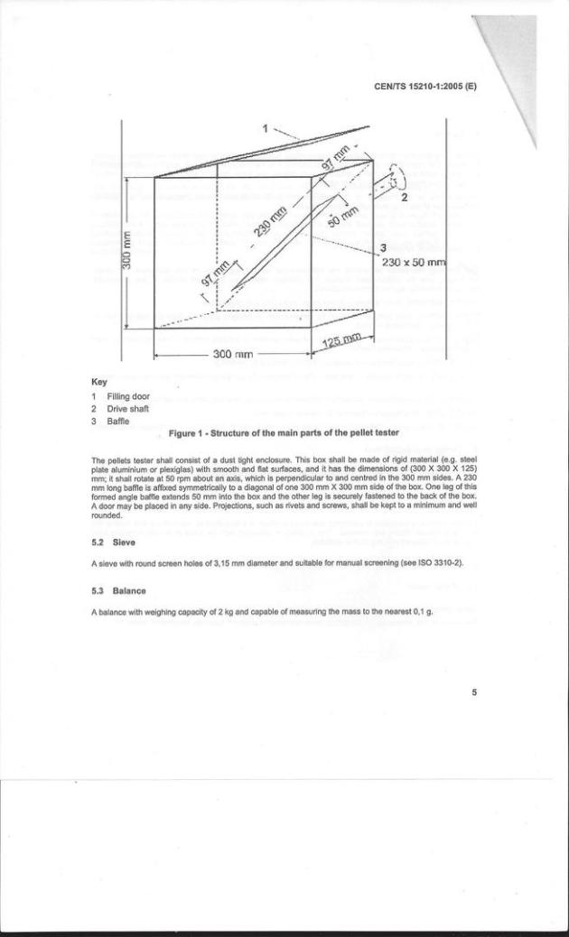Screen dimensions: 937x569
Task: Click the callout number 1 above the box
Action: point(266,127)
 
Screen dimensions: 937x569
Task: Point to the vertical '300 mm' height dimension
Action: point(129,251)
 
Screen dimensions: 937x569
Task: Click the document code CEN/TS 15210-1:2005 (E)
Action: point(426,88)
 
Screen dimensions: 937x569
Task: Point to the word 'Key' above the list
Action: point(99,382)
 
